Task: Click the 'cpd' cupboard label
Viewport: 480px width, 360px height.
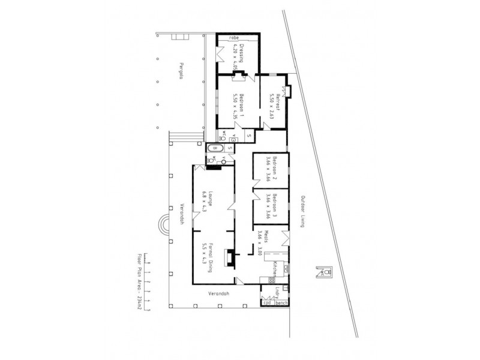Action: [x=268, y=303]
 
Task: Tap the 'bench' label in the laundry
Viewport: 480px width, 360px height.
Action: [x=282, y=303]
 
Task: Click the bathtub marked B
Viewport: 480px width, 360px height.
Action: [x=215, y=148]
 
